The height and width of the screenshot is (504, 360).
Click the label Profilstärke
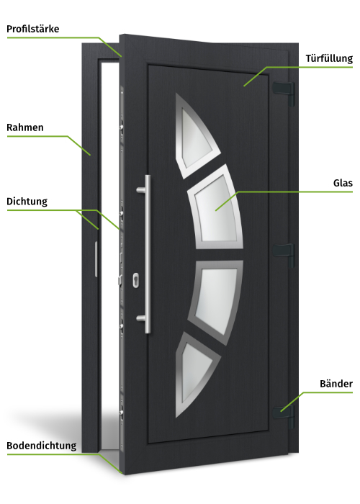tap(33, 29)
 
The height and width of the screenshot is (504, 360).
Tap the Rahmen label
tap(25, 127)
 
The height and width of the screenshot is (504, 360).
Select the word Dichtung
tap(27, 202)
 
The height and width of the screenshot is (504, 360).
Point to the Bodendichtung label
tap(42, 446)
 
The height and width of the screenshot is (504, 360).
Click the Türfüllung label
tap(329, 58)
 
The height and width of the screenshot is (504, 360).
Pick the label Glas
tap(343, 183)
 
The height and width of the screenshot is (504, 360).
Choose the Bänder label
tap(336, 384)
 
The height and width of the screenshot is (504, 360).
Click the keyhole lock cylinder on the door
tap(135, 280)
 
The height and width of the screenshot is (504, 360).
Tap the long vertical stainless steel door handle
tap(148, 254)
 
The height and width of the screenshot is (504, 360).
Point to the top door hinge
tap(284, 92)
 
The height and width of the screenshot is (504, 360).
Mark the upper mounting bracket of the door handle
tap(141, 190)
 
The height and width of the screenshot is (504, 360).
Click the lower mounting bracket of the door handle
tap(141, 318)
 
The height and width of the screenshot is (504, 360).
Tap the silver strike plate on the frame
tap(96, 259)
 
